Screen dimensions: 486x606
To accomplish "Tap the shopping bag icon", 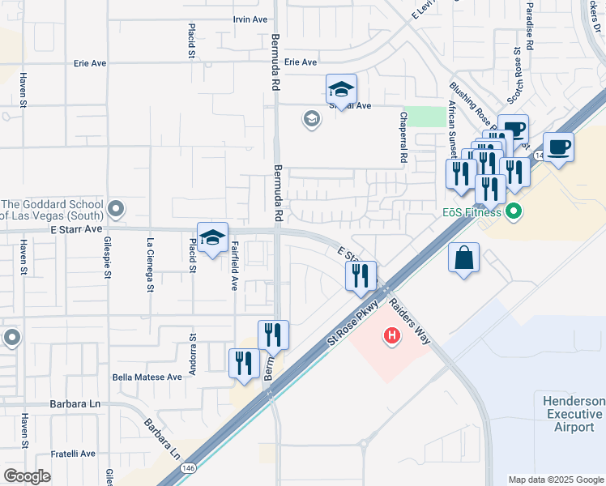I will coord(464,258).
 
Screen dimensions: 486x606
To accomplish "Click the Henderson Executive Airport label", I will coord(573,414).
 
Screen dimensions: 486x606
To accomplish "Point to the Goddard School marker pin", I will coord(117,211).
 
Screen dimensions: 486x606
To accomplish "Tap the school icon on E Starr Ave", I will coord(212,238).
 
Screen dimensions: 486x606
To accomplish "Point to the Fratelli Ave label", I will coord(76,453).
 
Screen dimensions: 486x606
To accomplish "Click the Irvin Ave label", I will coord(250,19).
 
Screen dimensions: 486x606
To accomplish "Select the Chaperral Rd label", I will coord(403,139).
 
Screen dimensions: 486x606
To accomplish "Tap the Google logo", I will coord(28,475).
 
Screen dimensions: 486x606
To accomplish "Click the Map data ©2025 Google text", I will coord(556,480).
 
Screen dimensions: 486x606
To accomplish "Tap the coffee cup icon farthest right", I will coord(558,147).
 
